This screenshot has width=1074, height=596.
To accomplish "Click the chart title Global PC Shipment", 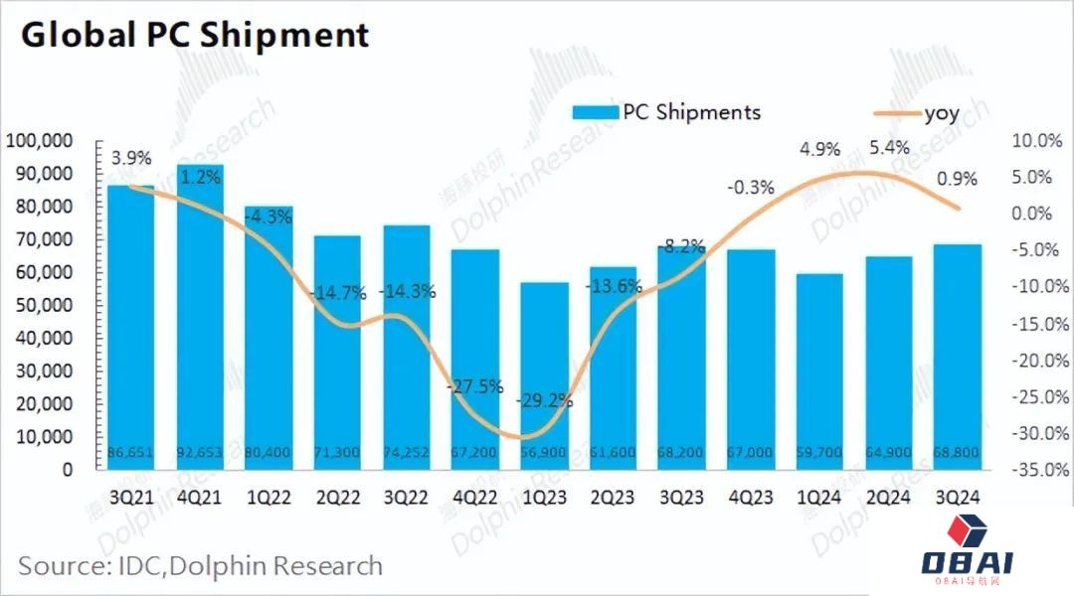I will (x=195, y=35).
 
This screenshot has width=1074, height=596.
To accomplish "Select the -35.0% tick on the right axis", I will (x=1036, y=470).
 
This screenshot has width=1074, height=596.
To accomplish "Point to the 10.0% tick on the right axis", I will (x=1037, y=141).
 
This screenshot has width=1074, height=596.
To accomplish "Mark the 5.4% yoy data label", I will (x=889, y=148).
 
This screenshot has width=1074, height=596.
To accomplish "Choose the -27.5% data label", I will (x=475, y=386).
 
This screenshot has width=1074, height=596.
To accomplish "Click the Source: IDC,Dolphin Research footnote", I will (x=200, y=566).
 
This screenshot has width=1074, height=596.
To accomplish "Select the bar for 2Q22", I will (x=337, y=353).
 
